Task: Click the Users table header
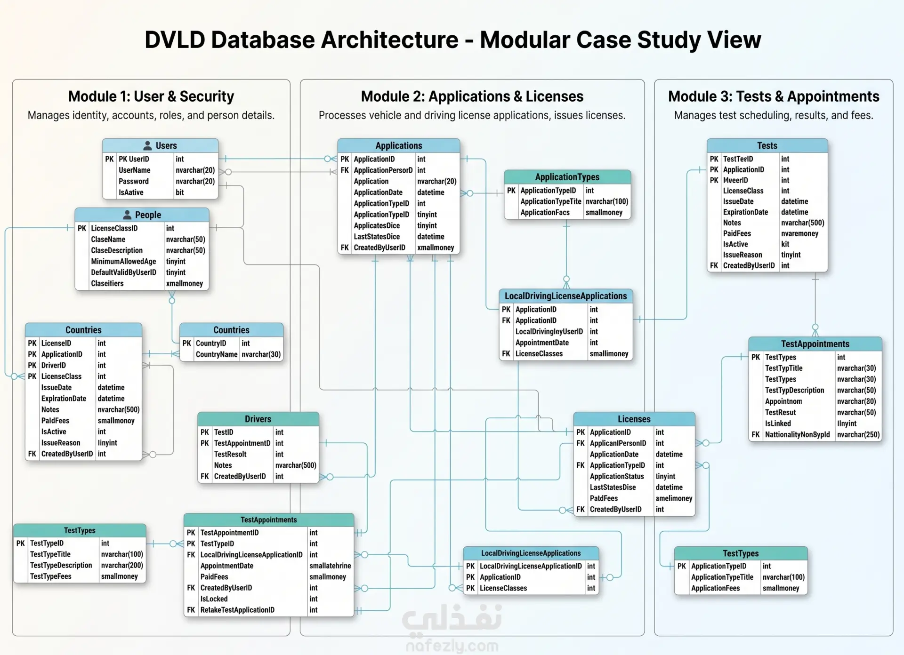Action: point(160,145)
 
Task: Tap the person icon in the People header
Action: point(127,215)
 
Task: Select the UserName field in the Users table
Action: point(135,170)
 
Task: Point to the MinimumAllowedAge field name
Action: point(123,261)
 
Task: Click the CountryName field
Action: point(217,354)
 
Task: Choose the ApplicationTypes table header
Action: point(567,177)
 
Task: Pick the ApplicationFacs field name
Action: point(545,212)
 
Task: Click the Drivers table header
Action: point(258,419)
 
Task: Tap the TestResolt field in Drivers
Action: point(230,454)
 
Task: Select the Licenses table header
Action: point(634,419)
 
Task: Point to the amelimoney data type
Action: point(674,498)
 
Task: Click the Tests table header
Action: point(767,145)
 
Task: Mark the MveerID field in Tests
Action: point(735,180)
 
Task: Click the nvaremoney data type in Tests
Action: point(799,233)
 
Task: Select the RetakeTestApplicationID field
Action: point(237,610)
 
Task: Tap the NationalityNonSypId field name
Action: point(797,434)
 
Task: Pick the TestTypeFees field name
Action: point(51,576)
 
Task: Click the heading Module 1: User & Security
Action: point(151,96)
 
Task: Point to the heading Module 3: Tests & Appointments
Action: point(774,96)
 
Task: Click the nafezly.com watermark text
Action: point(452,646)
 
